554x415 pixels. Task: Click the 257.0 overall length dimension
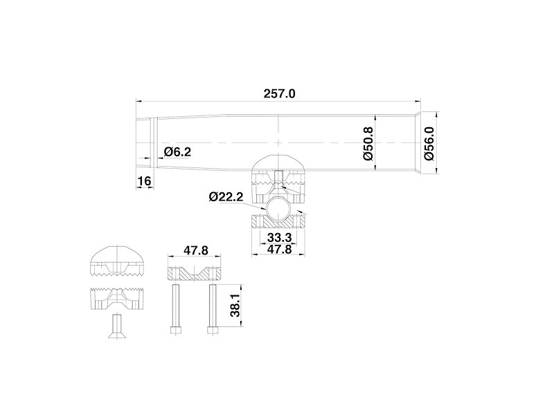tap(279, 94)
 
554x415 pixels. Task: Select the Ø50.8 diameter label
tap(368, 144)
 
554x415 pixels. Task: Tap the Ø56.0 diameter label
tap(429, 144)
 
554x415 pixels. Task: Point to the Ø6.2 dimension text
tap(177, 151)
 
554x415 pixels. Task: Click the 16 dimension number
tap(144, 181)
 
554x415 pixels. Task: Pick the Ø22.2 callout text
tap(226, 196)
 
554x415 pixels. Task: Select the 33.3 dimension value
tap(279, 237)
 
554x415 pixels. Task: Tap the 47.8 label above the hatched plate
tap(196, 250)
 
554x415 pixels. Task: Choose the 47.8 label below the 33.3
tap(279, 249)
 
